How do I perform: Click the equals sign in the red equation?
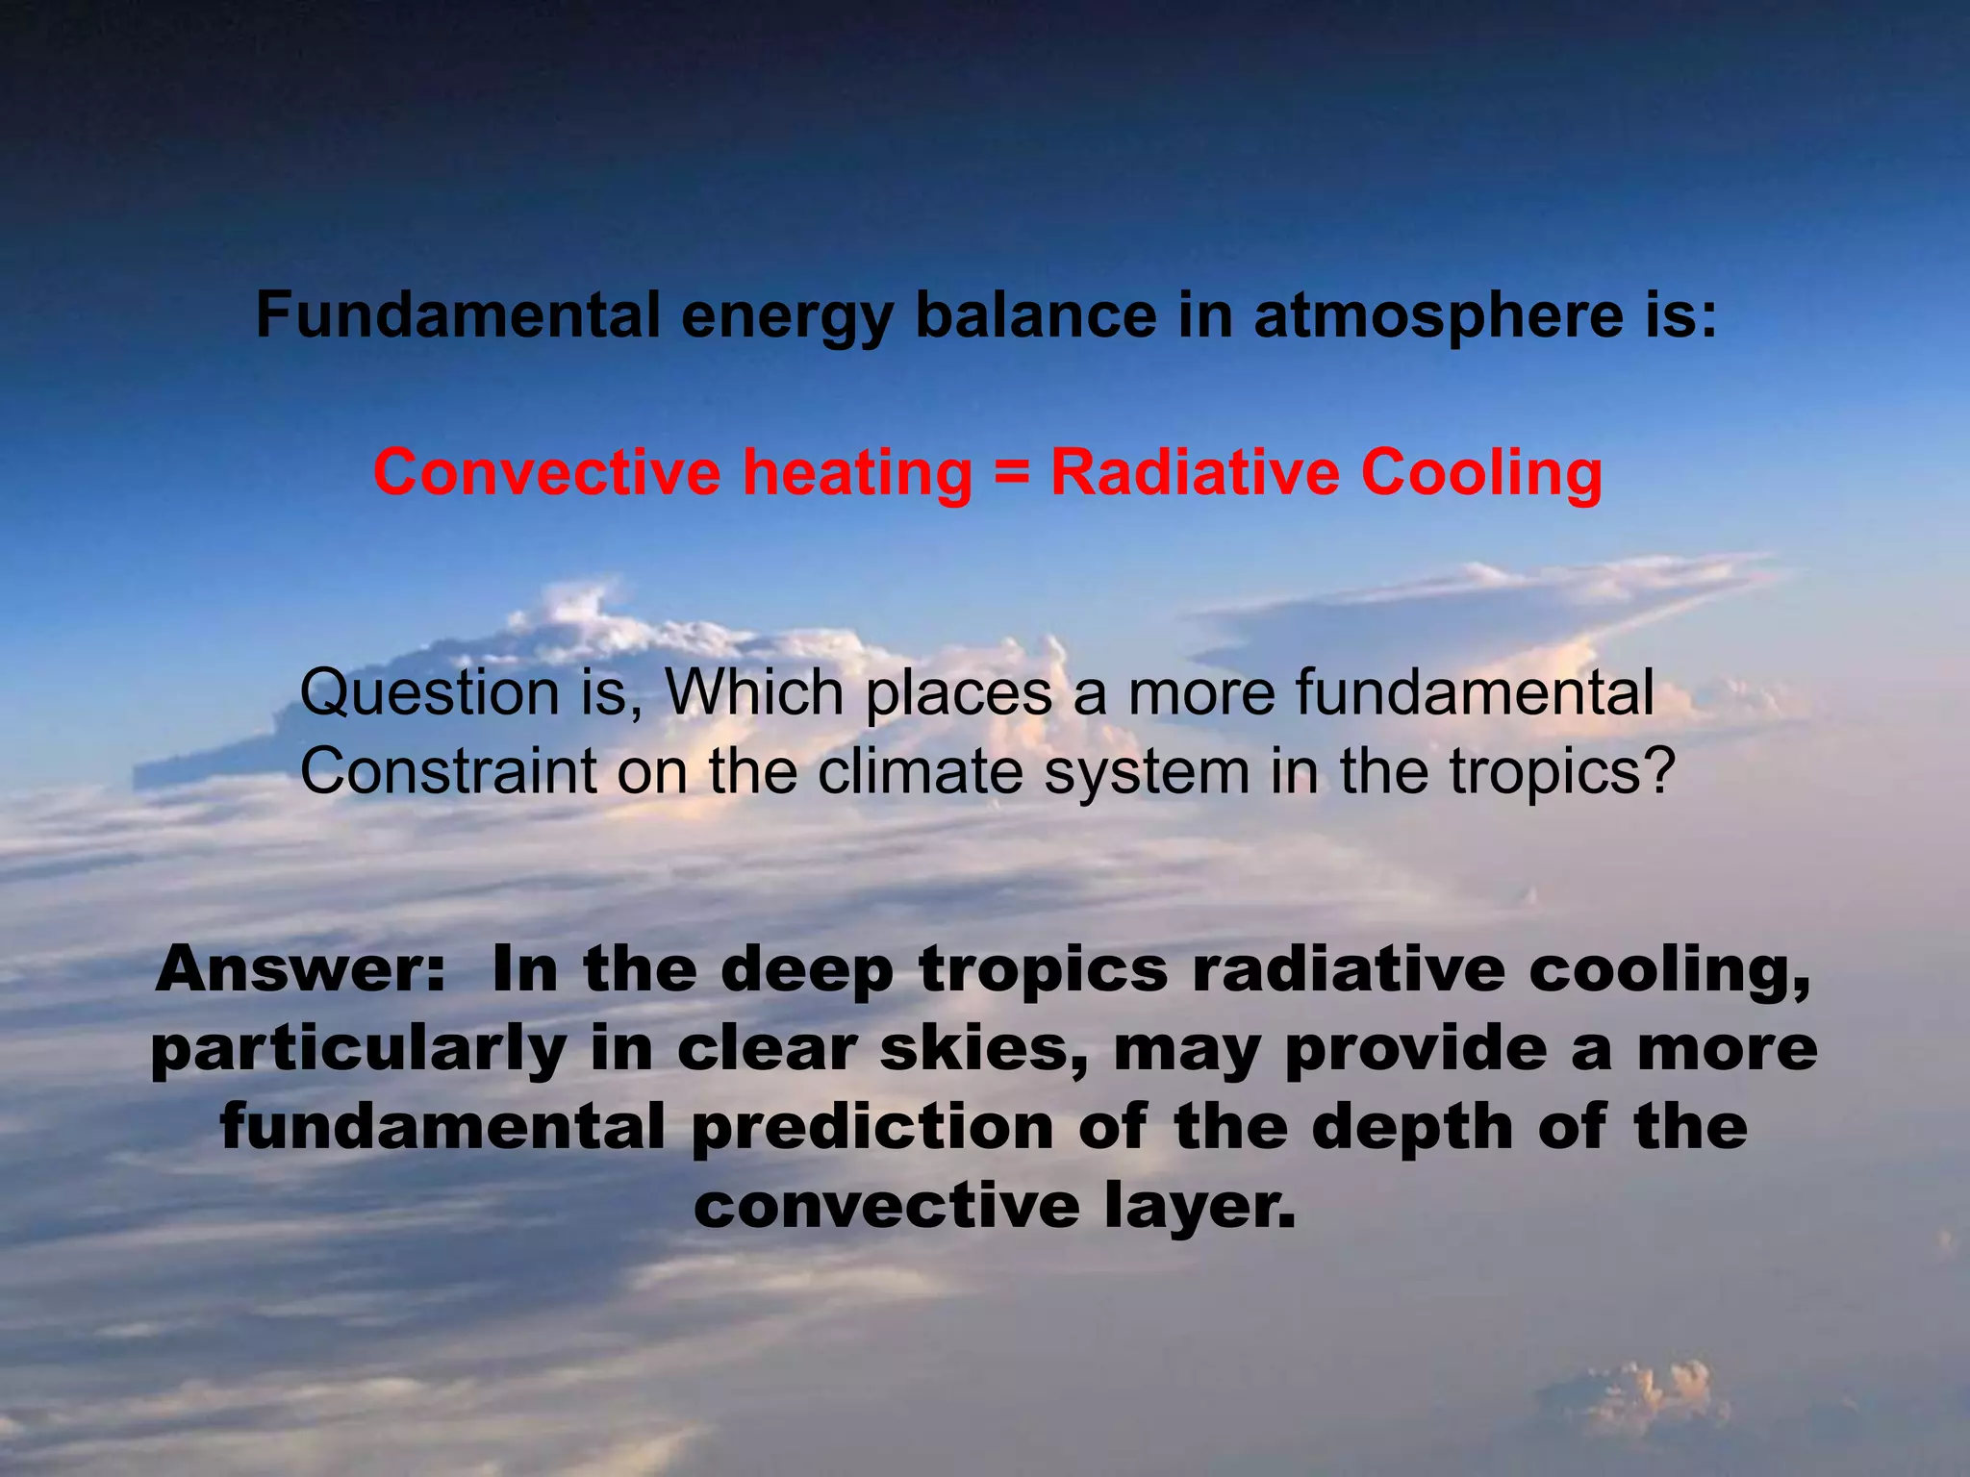1010,474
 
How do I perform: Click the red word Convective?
546,473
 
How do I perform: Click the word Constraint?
448,771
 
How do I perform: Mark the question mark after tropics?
1659,771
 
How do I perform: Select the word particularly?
358,1050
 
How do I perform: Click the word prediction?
872,1128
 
